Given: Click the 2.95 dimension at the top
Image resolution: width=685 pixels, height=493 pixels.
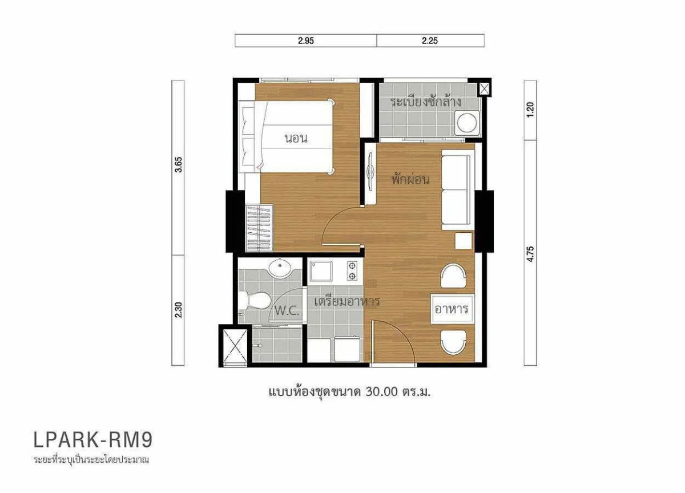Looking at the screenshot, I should pyautogui.click(x=305, y=41).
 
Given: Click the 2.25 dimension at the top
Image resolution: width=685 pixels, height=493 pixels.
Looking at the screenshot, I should pyautogui.click(x=430, y=41).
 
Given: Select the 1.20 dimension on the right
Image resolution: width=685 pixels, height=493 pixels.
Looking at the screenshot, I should pyautogui.click(x=530, y=109).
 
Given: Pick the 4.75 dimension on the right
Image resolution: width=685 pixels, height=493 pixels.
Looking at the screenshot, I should pyautogui.click(x=530, y=252).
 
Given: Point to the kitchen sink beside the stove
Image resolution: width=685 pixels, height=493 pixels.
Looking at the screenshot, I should pyautogui.click(x=323, y=271).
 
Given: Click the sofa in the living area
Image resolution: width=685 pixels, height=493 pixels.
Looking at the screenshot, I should pyautogui.click(x=457, y=191).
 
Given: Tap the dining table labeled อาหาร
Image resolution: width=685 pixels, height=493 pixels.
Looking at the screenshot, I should pyautogui.click(x=452, y=310).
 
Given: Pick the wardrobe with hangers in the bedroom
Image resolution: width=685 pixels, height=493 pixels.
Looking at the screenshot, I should pyautogui.click(x=259, y=228).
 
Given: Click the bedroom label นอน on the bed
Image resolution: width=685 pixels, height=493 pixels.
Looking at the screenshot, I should pyautogui.click(x=296, y=139).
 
